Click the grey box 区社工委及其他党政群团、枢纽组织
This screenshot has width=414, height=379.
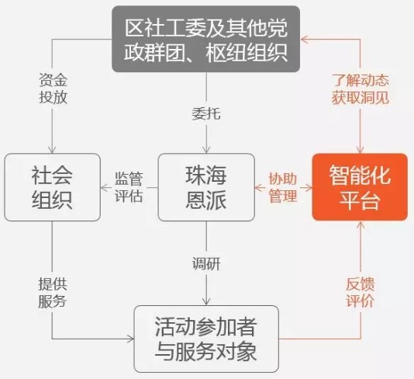tap(206, 39)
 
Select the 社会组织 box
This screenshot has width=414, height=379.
tap(52, 187)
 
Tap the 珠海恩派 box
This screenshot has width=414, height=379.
tap(206, 187)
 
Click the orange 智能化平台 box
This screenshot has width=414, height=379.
tap(360, 187)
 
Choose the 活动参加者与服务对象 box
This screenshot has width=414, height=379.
tap(206, 339)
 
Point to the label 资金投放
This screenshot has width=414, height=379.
tap(53, 89)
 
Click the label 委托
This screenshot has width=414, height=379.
tap(206, 114)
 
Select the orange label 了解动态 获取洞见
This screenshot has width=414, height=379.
tap(361, 89)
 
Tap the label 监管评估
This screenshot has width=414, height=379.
tap(129, 187)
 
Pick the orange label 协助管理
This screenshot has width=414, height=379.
tap(283, 187)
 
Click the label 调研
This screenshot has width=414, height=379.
tap(206, 264)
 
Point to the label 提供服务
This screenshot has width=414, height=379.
tap(53, 293)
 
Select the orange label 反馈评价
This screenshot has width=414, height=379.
tap(361, 292)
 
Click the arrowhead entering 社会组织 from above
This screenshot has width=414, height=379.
tap(52, 150)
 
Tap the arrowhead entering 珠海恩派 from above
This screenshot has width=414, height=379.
tap(206, 150)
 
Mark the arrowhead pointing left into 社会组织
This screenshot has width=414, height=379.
tap(105, 188)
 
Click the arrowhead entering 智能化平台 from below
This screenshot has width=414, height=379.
tap(361, 225)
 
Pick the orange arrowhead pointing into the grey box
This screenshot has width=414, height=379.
tap(304, 40)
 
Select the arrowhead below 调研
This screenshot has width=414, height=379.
tap(206, 301)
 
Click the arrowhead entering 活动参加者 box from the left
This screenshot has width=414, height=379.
tap(130, 339)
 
